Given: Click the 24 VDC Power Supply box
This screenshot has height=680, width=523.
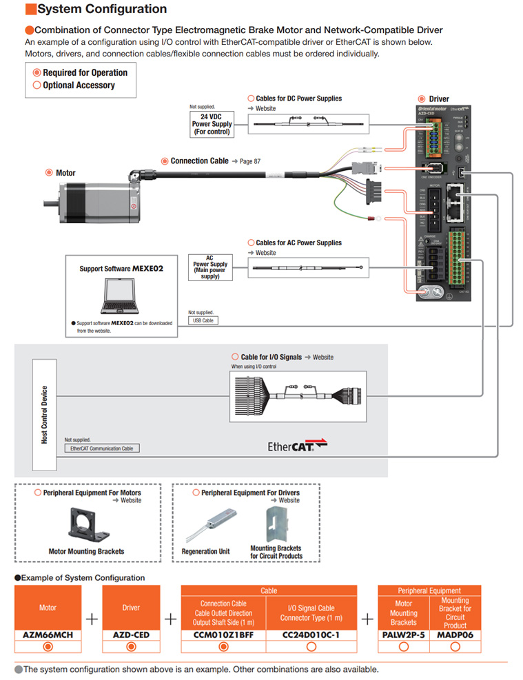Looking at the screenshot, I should tap(212, 125).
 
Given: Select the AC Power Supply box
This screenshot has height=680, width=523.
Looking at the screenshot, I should tap(210, 267).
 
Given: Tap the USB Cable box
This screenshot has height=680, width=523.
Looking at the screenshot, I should tap(203, 320).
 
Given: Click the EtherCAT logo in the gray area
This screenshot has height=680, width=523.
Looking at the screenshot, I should tap(297, 446).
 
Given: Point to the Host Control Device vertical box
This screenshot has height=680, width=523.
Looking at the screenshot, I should tap(45, 414).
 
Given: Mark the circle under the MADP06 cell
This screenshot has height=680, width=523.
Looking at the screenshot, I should tap(455, 646).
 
